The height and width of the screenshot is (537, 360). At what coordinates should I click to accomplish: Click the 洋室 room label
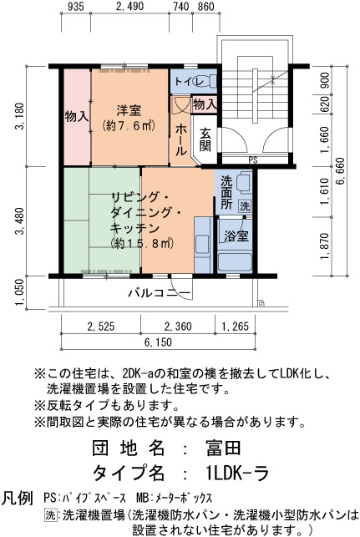click(129, 110)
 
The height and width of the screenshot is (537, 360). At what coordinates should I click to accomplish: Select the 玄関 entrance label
click(205, 139)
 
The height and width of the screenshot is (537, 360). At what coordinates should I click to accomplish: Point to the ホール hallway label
click(181, 139)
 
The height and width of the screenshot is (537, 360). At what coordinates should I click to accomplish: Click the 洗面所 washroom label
click(226, 192)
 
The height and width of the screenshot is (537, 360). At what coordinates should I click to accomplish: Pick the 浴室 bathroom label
click(236, 236)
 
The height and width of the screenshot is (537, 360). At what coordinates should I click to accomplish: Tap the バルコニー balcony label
click(160, 293)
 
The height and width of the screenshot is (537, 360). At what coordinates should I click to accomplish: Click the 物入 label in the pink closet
click(77, 117)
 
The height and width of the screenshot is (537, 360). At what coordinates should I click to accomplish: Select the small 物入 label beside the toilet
click(205, 104)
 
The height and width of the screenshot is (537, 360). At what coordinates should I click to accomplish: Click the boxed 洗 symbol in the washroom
click(245, 206)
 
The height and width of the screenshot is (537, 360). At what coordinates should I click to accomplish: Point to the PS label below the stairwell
click(253, 160)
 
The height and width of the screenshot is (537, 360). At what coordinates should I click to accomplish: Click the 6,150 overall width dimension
click(158, 342)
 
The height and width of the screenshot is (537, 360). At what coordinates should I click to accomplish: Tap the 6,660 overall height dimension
click(341, 171)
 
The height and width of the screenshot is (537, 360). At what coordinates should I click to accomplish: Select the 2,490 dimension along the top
click(129, 6)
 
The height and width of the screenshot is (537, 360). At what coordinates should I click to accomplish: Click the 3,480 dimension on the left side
click(19, 220)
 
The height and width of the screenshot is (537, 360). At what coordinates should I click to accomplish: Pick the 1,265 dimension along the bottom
click(235, 326)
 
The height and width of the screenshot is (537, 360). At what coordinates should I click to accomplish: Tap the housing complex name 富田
click(223, 448)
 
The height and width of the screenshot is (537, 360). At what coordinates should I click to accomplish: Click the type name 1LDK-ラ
click(237, 474)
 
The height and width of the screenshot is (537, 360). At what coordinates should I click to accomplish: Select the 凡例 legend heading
click(18, 498)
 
